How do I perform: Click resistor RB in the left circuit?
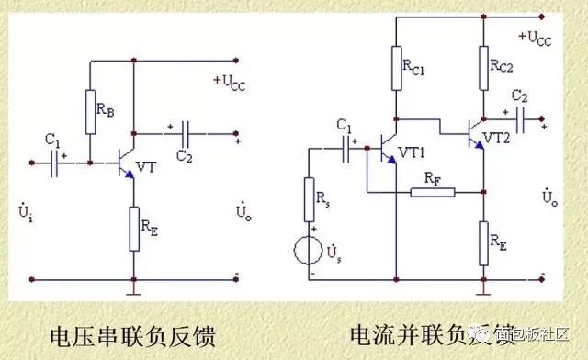91,112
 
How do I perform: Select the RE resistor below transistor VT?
134,228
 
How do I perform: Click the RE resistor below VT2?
484,242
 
